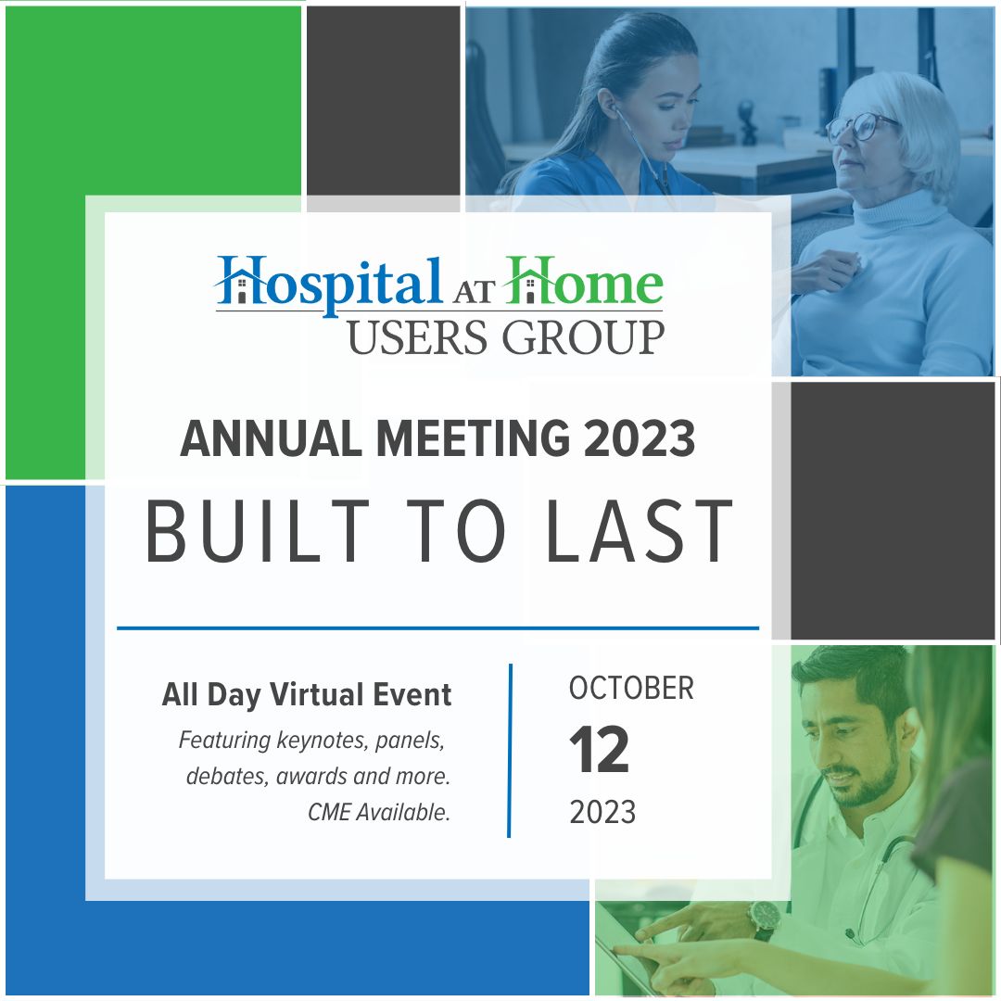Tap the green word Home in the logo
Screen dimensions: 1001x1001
click(x=584, y=281)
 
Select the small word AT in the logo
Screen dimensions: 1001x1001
click(x=474, y=292)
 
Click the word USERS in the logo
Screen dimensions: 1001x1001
click(x=418, y=337)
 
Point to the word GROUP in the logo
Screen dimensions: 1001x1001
click(x=584, y=337)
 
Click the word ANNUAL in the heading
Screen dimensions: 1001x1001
click(x=272, y=438)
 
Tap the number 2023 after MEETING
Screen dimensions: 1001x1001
click(x=639, y=438)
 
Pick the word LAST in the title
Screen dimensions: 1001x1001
click(x=640, y=531)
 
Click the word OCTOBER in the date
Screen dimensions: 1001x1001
click(x=631, y=688)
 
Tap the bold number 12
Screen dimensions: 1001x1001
click(x=599, y=750)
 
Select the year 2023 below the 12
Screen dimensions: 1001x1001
click(x=602, y=812)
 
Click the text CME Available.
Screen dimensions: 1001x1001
click(x=379, y=812)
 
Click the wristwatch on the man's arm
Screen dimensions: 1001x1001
click(x=764, y=921)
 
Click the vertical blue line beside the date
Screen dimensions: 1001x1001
click(x=510, y=750)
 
